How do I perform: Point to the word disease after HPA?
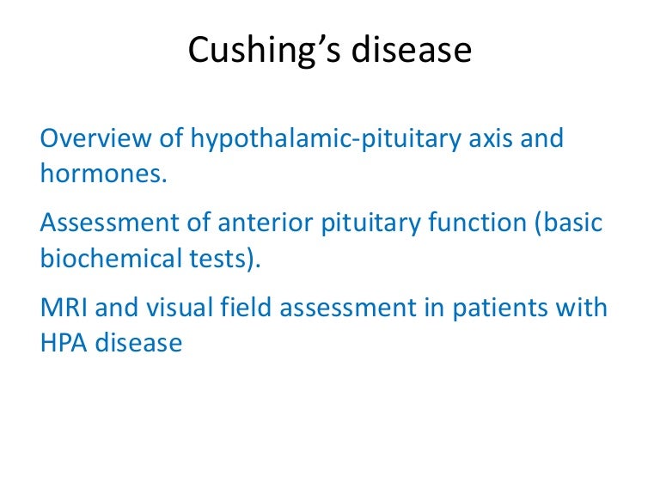(x=139, y=344)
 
